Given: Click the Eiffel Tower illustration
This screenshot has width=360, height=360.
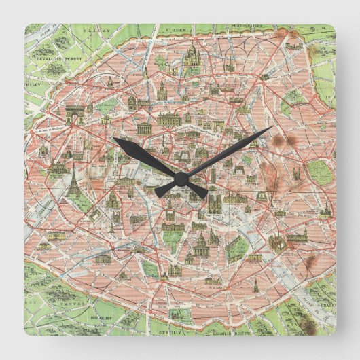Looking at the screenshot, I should [x=74, y=181].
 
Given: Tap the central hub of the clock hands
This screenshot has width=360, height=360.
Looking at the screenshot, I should [x=181, y=178].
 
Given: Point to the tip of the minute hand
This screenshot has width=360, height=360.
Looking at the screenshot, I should [x=271, y=128].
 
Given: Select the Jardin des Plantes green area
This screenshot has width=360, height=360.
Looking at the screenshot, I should [x=237, y=249].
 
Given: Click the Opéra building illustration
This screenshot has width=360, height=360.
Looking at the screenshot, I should [x=170, y=120].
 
